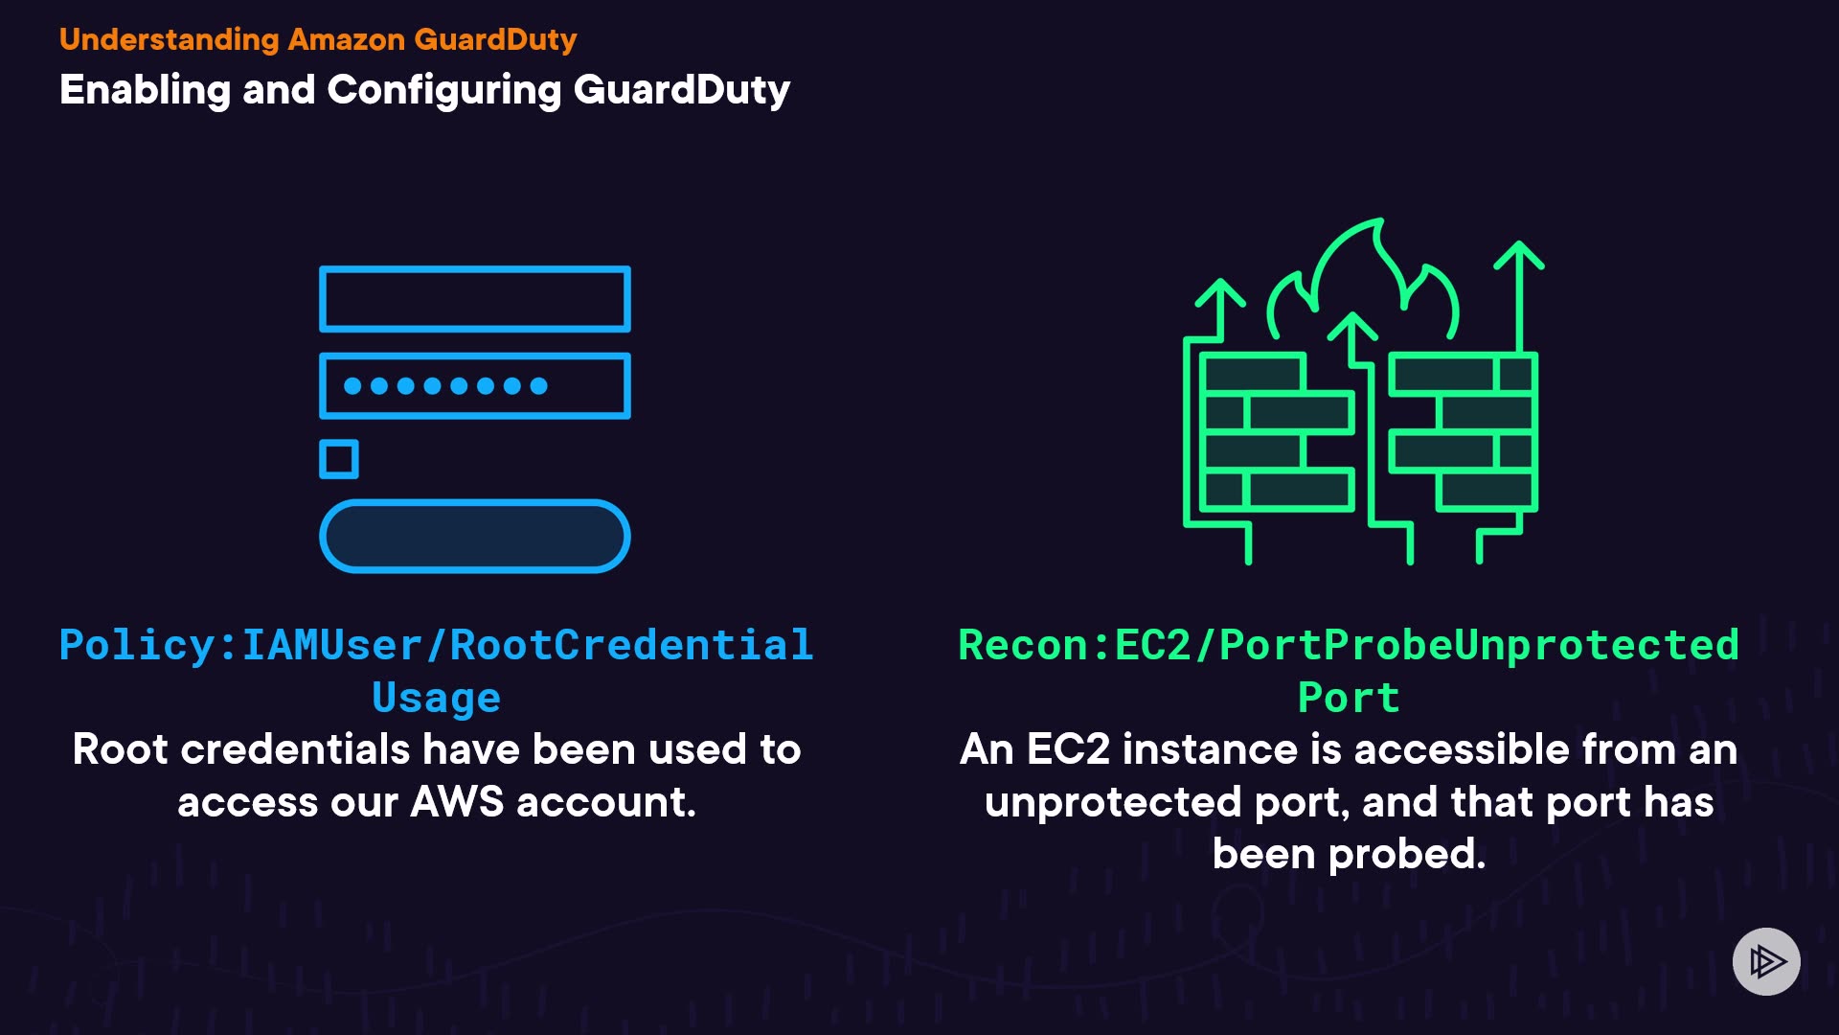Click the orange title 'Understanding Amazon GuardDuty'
click(x=318, y=39)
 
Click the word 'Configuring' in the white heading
click(x=443, y=90)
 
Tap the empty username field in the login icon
click(x=475, y=299)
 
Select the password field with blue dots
click(x=475, y=386)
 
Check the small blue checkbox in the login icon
click(x=339, y=459)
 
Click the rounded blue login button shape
click(x=475, y=536)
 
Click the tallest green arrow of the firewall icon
click(x=1519, y=297)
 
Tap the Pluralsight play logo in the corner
click(x=1766, y=961)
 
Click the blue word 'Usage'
click(x=437, y=698)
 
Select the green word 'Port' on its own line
click(x=1349, y=698)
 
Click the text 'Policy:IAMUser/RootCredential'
click(x=437, y=645)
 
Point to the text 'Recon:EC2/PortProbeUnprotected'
click(x=1349, y=645)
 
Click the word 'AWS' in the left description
click(x=457, y=802)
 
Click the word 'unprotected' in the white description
click(x=1113, y=802)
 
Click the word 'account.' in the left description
click(x=606, y=802)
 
